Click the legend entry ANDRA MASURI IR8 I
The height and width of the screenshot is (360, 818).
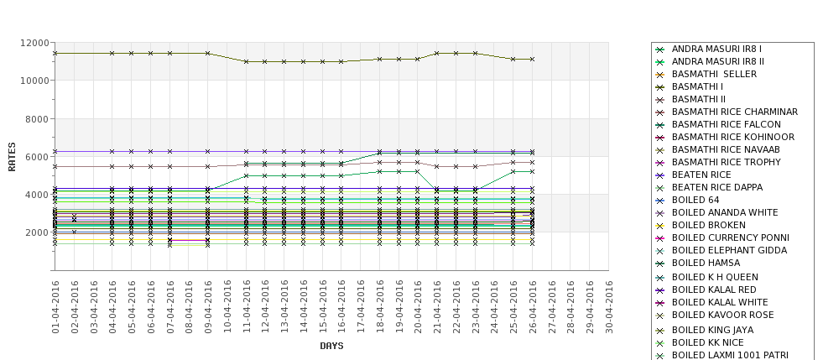pos(716,49)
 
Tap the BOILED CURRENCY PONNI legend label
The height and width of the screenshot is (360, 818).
pos(729,237)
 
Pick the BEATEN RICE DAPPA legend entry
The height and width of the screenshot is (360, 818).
pos(716,187)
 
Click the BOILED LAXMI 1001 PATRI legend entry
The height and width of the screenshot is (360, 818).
pos(730,355)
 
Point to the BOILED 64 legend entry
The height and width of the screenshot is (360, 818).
pos(696,200)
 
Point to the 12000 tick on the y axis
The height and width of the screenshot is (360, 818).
pos(34,43)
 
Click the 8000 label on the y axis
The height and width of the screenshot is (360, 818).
pos(36,119)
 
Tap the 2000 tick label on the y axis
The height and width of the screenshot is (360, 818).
pos(36,232)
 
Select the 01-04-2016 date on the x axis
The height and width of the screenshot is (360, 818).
pos(55,310)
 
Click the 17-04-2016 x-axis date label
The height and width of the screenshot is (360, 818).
pos(361,310)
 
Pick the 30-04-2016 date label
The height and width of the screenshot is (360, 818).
pos(609,310)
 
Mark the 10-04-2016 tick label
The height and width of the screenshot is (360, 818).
pos(227,310)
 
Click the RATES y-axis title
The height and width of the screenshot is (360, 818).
pos(12,157)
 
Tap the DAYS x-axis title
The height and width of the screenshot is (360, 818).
pos(331,346)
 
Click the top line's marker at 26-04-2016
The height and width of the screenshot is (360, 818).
pos(533,59)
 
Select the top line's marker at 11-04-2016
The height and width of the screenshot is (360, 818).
pos(246,61)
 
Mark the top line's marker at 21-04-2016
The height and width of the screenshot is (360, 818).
pos(437,53)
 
